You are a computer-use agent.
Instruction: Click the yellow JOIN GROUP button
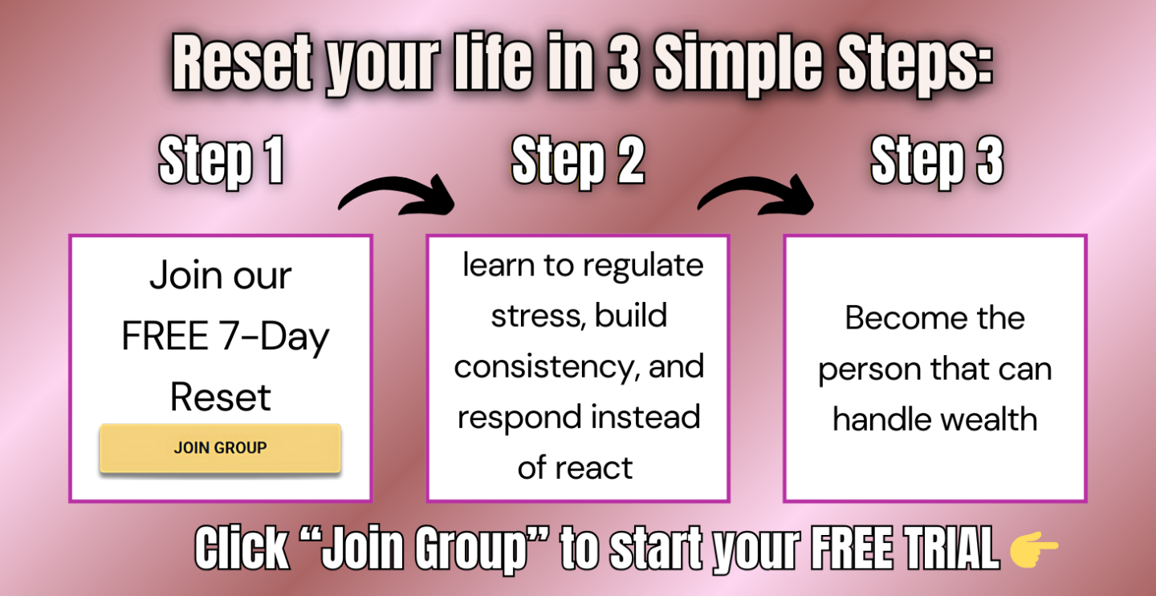(x=220, y=447)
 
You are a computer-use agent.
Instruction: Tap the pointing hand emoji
(x=1034, y=549)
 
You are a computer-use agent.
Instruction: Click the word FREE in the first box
(x=165, y=337)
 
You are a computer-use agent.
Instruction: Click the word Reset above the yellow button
(x=220, y=397)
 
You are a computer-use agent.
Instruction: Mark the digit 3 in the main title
(x=624, y=62)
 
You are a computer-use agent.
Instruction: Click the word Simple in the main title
(x=739, y=64)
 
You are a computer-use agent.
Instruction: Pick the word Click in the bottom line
(x=242, y=548)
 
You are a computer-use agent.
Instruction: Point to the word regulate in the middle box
(x=643, y=267)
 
